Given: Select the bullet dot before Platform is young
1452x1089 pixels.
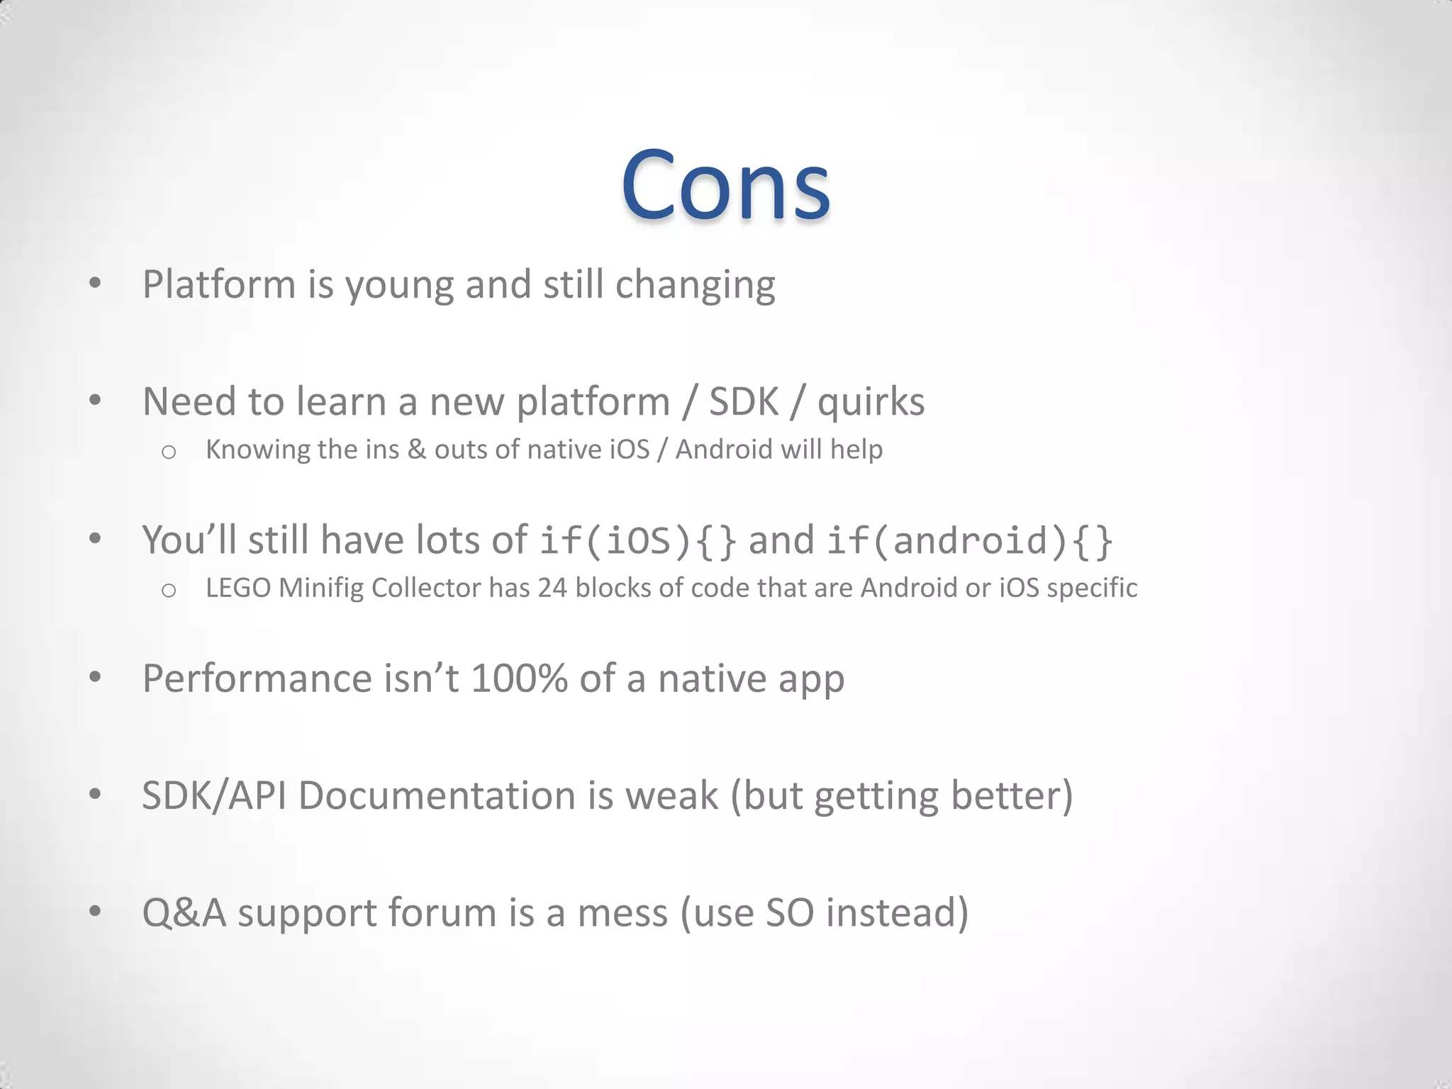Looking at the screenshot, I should click(x=95, y=284).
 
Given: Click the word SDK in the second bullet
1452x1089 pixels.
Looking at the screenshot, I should click(x=743, y=402).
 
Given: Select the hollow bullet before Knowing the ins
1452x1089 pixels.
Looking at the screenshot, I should click(x=168, y=452).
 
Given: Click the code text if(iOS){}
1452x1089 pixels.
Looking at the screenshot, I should click(x=637, y=541).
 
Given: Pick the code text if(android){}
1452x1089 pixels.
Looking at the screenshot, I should click(x=969, y=541).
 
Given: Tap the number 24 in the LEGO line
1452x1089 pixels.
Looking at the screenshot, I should click(x=552, y=588).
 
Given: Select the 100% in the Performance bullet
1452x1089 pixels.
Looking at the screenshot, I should click(x=519, y=678).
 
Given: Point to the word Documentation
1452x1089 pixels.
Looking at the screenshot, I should click(x=436, y=795).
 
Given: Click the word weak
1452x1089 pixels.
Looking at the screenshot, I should click(x=671, y=795).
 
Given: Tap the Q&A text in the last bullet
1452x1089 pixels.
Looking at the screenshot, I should click(x=184, y=912).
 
